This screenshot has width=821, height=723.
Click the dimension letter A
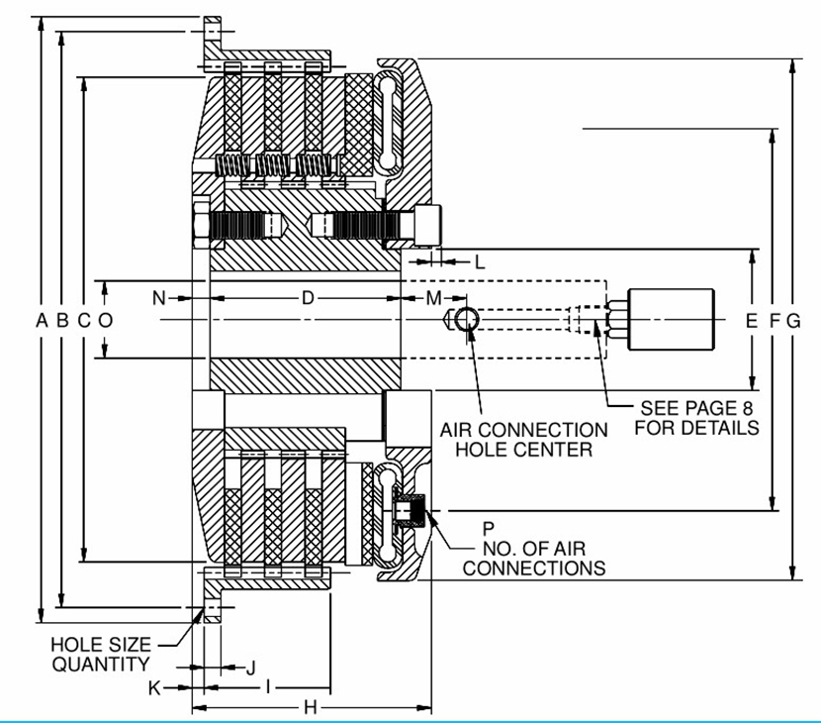pyautogui.click(x=42, y=320)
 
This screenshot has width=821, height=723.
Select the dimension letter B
pyautogui.click(x=62, y=320)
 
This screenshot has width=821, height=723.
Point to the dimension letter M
pyautogui.click(x=433, y=298)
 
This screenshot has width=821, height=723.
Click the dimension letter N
pyautogui.click(x=159, y=298)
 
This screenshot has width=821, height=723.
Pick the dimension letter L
pyautogui.click(x=480, y=262)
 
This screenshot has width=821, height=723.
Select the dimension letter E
pyautogui.click(x=751, y=320)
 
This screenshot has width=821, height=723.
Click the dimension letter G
pyautogui.click(x=792, y=320)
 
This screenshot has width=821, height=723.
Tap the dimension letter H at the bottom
pyautogui.click(x=309, y=708)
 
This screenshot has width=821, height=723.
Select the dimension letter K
pyautogui.click(x=154, y=687)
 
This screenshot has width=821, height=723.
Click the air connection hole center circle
pyautogui.click(x=466, y=320)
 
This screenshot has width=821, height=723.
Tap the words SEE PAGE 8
pyautogui.click(x=683, y=408)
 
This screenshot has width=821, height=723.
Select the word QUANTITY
pyautogui.click(x=101, y=665)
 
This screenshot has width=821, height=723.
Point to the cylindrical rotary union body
pyautogui.click(x=673, y=319)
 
